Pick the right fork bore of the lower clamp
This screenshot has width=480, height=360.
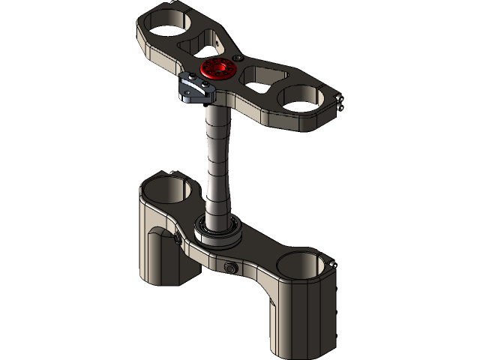point(301,263)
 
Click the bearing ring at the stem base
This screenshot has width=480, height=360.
point(219,229)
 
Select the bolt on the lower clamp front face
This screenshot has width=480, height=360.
point(229,268)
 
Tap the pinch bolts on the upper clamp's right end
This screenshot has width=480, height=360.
point(341,103)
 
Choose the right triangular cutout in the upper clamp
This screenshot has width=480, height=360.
point(263,75)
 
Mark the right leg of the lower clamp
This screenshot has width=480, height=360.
point(296,315)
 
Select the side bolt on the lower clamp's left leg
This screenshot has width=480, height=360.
point(177,238)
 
